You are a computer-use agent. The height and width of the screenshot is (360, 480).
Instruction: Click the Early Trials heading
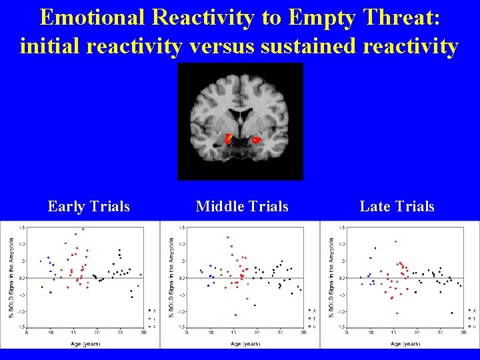click(89, 207)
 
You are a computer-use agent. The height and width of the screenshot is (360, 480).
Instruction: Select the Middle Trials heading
click(242, 207)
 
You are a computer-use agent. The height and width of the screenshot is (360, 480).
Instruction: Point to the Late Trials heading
click(397, 207)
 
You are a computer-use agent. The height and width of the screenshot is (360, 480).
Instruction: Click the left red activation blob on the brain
click(228, 139)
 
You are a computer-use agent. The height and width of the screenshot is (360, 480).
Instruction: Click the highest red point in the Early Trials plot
click(83, 229)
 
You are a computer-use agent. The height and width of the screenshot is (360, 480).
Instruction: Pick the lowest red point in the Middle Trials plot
click(235, 315)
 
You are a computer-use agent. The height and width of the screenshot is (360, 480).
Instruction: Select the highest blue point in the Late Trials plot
click(375, 248)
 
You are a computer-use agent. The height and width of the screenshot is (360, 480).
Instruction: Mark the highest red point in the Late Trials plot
click(395, 241)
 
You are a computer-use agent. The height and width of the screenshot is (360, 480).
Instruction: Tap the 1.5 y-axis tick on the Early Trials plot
click(22, 227)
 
